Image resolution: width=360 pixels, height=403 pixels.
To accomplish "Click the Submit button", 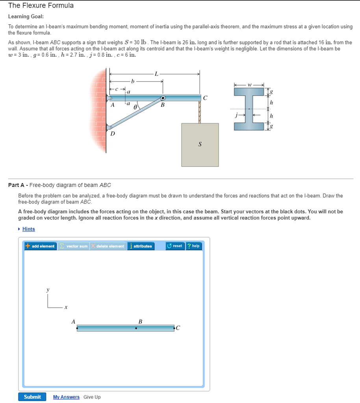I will click(32, 397).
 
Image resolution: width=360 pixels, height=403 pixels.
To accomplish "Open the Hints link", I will click(28, 229).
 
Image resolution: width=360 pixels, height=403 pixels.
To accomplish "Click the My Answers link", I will click(66, 397).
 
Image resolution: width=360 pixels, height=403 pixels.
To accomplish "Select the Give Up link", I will click(92, 397).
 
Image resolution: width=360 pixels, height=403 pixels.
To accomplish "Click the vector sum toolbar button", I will click(74, 246).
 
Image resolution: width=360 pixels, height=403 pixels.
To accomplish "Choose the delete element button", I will click(108, 246).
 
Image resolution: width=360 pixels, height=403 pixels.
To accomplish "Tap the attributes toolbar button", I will click(140, 246).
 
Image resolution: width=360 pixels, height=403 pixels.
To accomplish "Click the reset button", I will click(174, 246).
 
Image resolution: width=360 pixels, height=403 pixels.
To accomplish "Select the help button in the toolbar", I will click(193, 246).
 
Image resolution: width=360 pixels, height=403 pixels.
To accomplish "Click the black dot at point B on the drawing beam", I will click(136, 328).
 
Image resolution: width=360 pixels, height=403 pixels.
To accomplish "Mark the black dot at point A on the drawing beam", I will click(77, 328).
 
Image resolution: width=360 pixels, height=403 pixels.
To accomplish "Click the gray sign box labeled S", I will click(200, 144).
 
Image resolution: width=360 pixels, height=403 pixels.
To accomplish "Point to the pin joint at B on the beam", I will click(162, 98).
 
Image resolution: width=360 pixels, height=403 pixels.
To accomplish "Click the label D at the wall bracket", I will click(113, 134).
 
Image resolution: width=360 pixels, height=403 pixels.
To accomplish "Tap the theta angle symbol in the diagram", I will click(135, 107).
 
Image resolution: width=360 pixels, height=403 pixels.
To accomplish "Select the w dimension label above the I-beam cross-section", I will click(249, 84).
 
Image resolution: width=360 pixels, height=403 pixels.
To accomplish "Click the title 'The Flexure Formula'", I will click(41, 6).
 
